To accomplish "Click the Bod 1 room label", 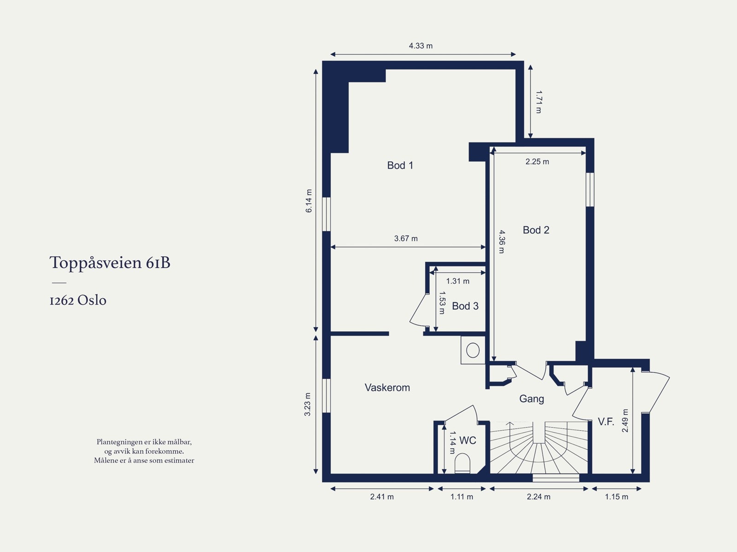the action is coord(400,165).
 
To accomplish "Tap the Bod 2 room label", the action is coord(536,230).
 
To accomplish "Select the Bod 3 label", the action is coord(465,306).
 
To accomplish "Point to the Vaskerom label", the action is coord(387,388).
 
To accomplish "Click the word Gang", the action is coord(532,399).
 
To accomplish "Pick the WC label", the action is coord(468,440).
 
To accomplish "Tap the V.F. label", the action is coord(606,422).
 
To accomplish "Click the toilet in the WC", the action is coord(462,464).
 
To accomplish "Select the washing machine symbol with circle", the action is coord(473,350).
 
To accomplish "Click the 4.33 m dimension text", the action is coord(421,46).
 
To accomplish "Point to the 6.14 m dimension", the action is coord(309,201).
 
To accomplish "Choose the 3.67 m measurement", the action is coord(406,238).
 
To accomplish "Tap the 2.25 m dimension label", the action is coord(537,162).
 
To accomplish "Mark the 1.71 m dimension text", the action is coord(538,102).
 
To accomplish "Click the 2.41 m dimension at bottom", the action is coord(382,497).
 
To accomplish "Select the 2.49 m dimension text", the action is coord(625,420).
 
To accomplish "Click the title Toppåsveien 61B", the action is coord(110,263).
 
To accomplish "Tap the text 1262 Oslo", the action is coord(78,300).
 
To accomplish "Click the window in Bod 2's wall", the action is coord(590,190).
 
